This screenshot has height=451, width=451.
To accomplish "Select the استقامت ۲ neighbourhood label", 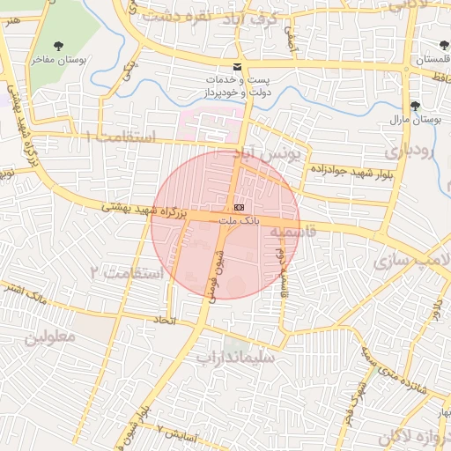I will click(x=128, y=272).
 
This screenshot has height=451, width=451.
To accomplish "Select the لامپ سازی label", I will click(x=410, y=262).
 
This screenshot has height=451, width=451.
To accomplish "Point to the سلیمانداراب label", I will click(x=235, y=358).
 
